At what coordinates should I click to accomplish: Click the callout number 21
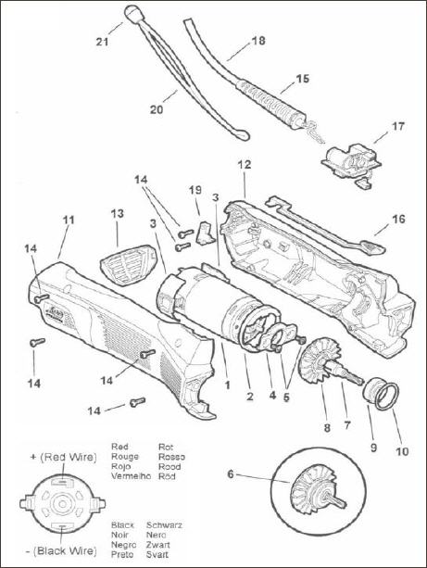click(102, 42)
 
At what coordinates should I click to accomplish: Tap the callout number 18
click(258, 41)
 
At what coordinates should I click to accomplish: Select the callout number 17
click(397, 126)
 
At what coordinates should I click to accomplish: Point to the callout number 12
click(245, 164)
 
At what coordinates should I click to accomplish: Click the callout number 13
click(118, 214)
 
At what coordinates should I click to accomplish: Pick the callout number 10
click(402, 451)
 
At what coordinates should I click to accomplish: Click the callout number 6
click(231, 473)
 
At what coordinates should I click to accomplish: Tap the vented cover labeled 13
click(128, 264)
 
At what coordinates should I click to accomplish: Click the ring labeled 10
click(386, 397)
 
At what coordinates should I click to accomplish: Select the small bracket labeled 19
click(204, 233)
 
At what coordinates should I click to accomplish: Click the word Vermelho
click(131, 476)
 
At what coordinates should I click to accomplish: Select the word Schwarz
click(164, 524)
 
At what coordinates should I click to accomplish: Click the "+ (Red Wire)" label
click(64, 457)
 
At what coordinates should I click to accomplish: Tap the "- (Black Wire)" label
click(61, 551)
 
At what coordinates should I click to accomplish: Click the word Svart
click(157, 554)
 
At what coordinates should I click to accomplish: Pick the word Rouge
click(125, 457)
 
